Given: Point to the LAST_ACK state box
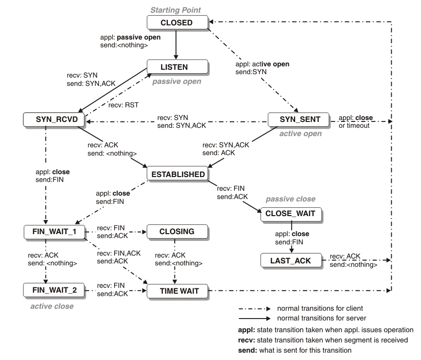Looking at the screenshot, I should (x=291, y=260).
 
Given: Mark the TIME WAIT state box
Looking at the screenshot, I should (x=178, y=291).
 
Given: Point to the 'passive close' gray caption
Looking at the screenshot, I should (x=291, y=200).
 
